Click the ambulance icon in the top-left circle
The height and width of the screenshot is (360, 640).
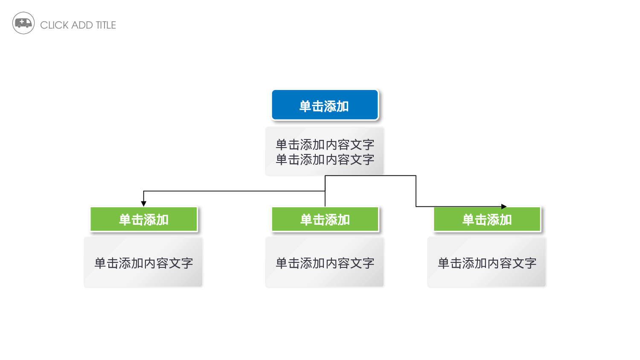tap(23, 23)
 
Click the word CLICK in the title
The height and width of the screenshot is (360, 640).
tap(54, 25)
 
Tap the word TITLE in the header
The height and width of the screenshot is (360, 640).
tap(106, 25)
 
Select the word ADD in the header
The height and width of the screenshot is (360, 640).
tap(82, 25)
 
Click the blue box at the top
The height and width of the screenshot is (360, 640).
tap(325, 105)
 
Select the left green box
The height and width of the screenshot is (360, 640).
tap(144, 219)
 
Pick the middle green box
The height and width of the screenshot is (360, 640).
tap(325, 219)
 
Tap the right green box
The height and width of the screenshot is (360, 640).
tap(487, 219)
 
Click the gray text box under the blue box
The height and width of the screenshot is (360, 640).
tap(325, 151)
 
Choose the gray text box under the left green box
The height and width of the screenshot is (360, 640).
tap(143, 262)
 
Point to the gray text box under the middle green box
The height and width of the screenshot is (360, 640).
tap(325, 262)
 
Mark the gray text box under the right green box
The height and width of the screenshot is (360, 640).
tap(487, 262)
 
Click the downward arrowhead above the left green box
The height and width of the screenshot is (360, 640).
tap(144, 204)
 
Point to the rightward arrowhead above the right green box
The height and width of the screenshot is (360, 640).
tap(504, 206)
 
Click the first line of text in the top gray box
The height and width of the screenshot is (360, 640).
tap(325, 145)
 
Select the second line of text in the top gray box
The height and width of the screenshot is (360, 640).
tap(325, 160)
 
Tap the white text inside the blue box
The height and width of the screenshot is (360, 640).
tap(324, 106)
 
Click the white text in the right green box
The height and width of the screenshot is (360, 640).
tap(487, 220)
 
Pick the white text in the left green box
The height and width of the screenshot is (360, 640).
tap(144, 220)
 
